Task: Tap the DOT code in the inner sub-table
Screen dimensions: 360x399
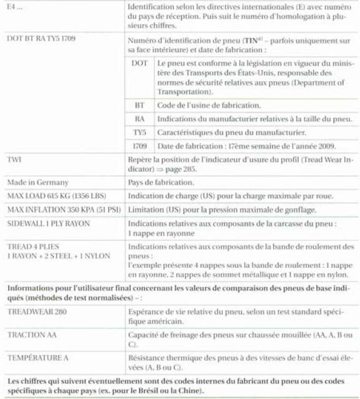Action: [140, 64]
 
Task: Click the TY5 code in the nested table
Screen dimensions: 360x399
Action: [140, 132]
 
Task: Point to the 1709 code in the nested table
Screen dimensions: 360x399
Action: [140, 146]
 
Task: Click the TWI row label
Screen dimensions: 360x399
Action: [14, 160]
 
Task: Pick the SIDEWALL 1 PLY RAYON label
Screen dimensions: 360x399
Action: [47, 223]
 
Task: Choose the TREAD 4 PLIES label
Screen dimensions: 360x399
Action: [31, 247]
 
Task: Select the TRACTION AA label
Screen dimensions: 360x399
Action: [31, 335]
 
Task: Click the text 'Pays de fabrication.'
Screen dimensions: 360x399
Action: [160, 183]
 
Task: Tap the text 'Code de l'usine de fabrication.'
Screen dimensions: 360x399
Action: [209, 105]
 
